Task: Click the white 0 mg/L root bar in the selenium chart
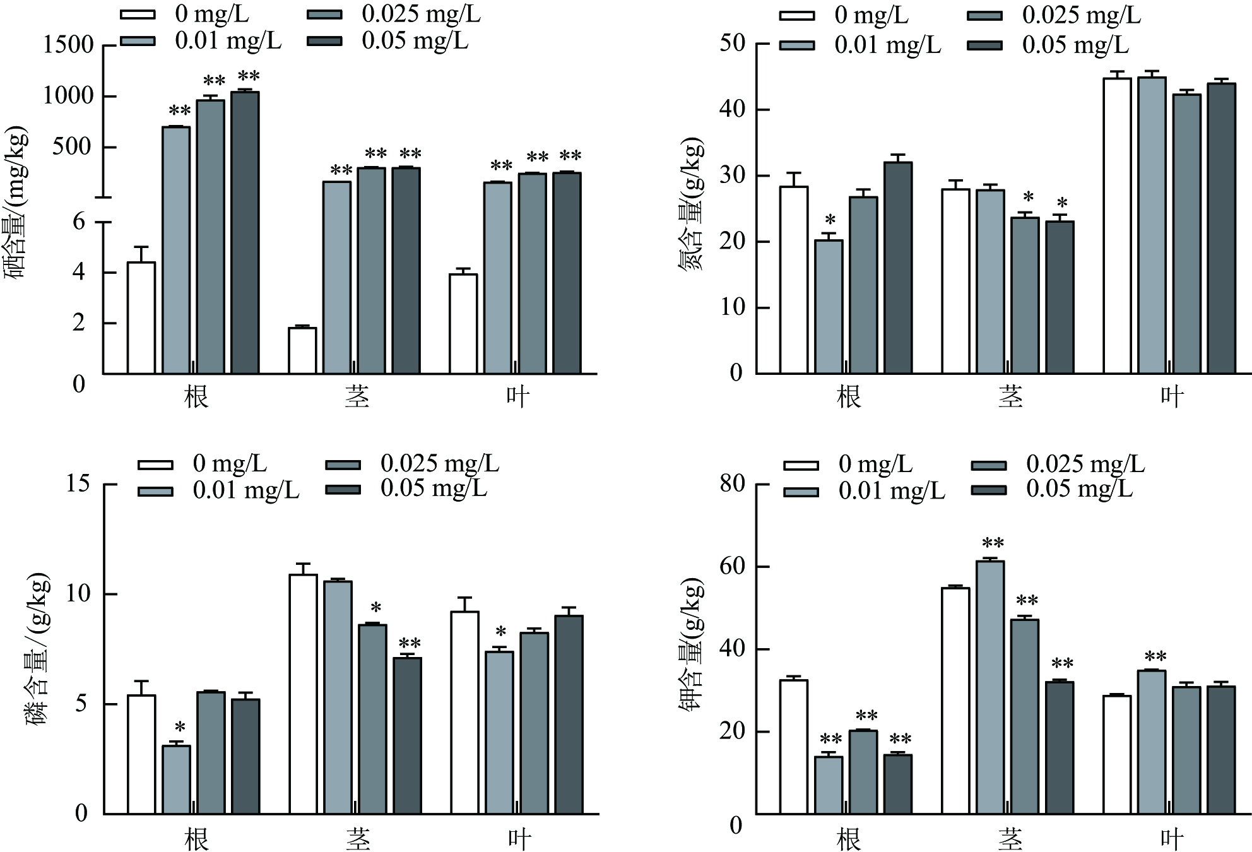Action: [141, 318]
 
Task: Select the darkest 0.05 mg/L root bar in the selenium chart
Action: [245, 233]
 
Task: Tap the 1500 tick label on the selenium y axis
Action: [68, 45]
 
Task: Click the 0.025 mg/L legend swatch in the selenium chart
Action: [325, 15]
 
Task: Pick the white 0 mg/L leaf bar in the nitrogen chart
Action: [1117, 226]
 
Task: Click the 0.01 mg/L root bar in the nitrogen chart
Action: [829, 307]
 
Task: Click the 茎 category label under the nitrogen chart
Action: [1010, 397]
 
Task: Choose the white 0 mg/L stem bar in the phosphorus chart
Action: [304, 694]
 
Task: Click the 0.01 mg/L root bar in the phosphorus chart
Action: [176, 780]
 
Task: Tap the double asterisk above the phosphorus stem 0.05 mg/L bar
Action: [410, 644]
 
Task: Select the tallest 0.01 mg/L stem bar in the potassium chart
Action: [990, 687]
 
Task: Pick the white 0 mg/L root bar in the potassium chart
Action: [794, 747]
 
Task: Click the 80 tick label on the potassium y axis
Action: [732, 484]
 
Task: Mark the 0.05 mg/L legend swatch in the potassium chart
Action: [988, 490]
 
